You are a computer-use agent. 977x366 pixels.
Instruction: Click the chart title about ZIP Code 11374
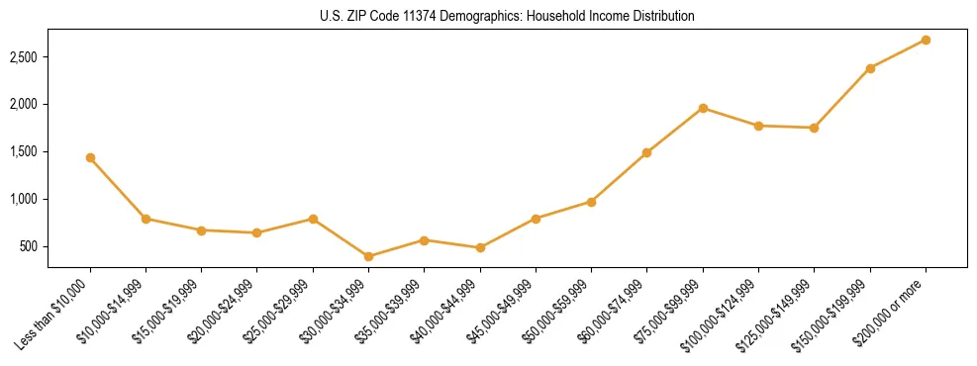point(507,17)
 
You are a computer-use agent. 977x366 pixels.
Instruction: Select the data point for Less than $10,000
point(90,157)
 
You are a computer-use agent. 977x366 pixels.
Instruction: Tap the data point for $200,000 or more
point(926,40)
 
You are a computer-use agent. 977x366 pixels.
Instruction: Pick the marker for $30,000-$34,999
point(368,256)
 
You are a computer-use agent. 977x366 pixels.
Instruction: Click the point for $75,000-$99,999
point(703,108)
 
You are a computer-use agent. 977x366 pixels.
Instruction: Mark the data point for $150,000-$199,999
point(870,68)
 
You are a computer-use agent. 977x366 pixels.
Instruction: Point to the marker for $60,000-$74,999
point(647,152)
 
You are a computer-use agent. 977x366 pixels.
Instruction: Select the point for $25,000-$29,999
point(313,219)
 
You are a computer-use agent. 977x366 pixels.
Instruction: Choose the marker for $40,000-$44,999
point(480,247)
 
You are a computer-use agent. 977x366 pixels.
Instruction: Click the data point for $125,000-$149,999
point(815,128)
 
